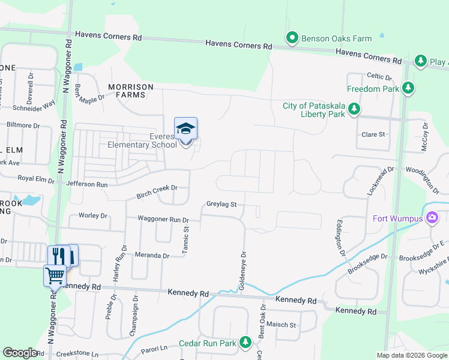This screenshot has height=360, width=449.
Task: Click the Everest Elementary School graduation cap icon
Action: [x=185, y=128]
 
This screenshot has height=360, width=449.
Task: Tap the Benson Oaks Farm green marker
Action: [x=292, y=38]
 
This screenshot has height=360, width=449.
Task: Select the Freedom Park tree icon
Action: [x=409, y=89]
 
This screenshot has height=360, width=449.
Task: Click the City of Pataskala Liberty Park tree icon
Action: [x=355, y=110]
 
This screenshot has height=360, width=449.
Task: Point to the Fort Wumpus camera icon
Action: [x=431, y=218]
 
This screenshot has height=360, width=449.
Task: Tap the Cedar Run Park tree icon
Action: [x=245, y=343]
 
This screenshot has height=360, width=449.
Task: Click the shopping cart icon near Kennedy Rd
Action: [x=55, y=275]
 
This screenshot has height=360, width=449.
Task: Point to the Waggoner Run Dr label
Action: [x=163, y=220]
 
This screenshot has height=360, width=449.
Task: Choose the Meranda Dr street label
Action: [x=152, y=256]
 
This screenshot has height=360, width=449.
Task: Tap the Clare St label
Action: [x=373, y=134]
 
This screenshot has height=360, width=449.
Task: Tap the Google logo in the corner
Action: [x=19, y=353]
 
